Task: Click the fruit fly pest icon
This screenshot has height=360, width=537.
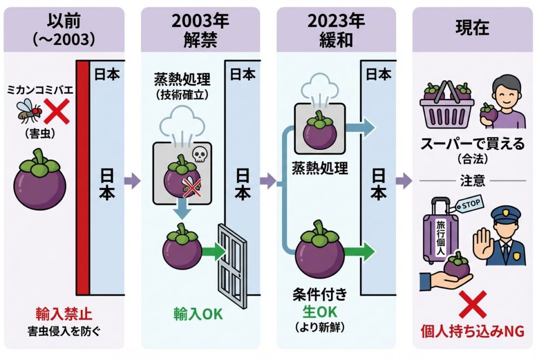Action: (x=29, y=111)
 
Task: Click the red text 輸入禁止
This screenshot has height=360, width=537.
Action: (x=64, y=314)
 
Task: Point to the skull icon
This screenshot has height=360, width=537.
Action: (x=199, y=154)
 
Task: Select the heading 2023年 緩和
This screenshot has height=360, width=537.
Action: (x=336, y=30)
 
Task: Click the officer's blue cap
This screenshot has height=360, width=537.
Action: (x=504, y=214)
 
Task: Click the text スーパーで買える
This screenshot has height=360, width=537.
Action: (x=472, y=145)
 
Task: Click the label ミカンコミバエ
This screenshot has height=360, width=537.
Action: (x=41, y=90)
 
